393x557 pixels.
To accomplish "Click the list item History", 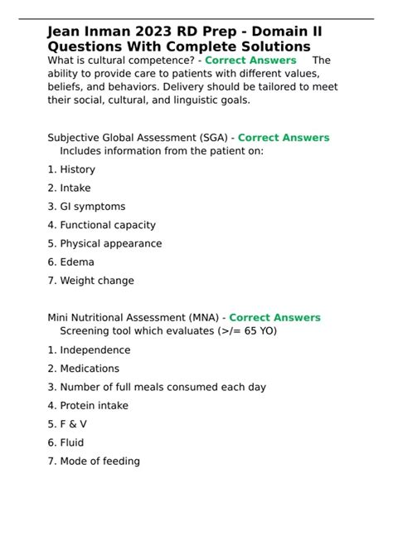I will click(x=77, y=169).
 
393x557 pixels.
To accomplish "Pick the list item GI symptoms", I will click(x=92, y=207).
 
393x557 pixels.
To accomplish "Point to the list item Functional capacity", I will click(x=107, y=225).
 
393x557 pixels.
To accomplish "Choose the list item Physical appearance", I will click(x=110, y=244).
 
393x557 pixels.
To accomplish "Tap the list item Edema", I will click(x=77, y=262).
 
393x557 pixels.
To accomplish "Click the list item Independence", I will click(x=95, y=350).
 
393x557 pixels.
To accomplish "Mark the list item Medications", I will click(x=90, y=369).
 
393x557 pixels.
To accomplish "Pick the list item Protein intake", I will click(x=95, y=406).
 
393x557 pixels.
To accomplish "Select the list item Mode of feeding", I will click(x=99, y=462).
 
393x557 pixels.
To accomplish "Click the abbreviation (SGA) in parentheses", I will click(x=211, y=138).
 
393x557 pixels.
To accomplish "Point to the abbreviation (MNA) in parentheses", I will click(x=201, y=318).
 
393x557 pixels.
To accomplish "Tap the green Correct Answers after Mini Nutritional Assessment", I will click(x=274, y=318).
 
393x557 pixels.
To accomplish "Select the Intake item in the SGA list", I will click(x=75, y=188).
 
